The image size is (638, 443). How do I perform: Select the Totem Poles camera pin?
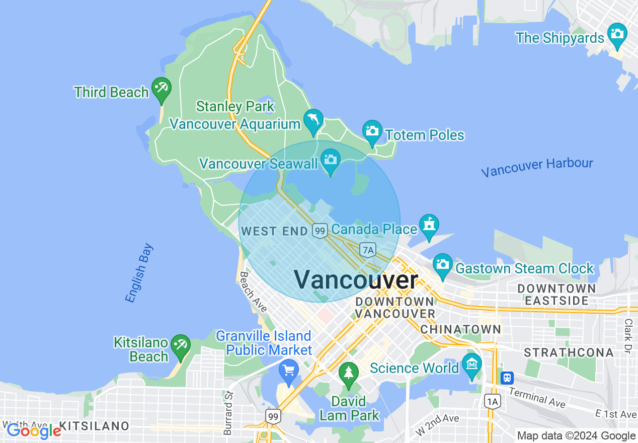pos(372,131)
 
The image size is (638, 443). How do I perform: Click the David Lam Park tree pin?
pos(348,374)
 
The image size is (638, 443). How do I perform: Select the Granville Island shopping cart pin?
pos(289,371)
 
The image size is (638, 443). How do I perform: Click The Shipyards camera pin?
pos(617,34)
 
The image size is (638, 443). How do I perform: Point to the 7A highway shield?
pos(368,249)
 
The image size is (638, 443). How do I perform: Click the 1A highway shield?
pos(493,401)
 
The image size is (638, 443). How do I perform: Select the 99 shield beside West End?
pos(320,231)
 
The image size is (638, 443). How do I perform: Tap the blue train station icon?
pos(507,377)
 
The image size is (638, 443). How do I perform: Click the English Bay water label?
pos(139,273)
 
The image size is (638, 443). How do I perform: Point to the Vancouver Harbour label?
pos(537,167)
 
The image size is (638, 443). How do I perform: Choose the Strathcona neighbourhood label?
pos(569,352)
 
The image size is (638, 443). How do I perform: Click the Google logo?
pos(33,430)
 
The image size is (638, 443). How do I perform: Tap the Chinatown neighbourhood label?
pos(460,329)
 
